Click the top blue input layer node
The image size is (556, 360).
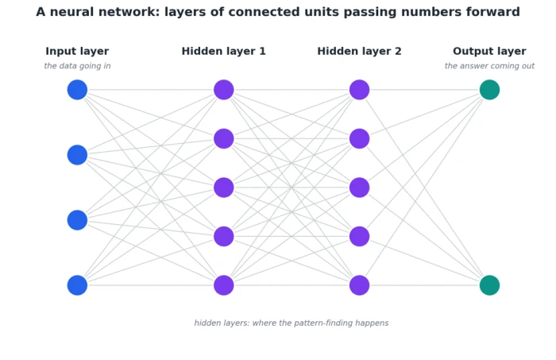(x=77, y=90)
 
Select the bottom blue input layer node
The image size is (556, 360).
(x=77, y=285)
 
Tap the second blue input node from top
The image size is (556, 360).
(x=77, y=155)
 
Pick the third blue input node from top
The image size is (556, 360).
(x=77, y=220)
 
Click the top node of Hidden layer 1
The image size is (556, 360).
(x=224, y=90)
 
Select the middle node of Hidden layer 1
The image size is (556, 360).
(x=224, y=188)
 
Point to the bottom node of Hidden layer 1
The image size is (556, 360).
(x=224, y=285)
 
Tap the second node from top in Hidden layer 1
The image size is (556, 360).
(x=224, y=139)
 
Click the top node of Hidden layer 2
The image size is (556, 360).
(x=360, y=90)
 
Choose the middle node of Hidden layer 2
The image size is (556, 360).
(x=360, y=188)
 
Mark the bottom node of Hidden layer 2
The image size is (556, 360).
(x=360, y=285)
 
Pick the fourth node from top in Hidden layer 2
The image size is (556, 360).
(x=360, y=236)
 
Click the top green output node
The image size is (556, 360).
(x=490, y=90)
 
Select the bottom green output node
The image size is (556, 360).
(x=490, y=285)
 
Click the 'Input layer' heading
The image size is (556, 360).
(x=77, y=52)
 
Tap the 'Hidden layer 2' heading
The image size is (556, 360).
(x=360, y=52)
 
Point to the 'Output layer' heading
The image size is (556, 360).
(x=490, y=52)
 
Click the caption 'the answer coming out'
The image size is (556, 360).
(x=490, y=66)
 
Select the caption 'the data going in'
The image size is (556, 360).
(x=77, y=66)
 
